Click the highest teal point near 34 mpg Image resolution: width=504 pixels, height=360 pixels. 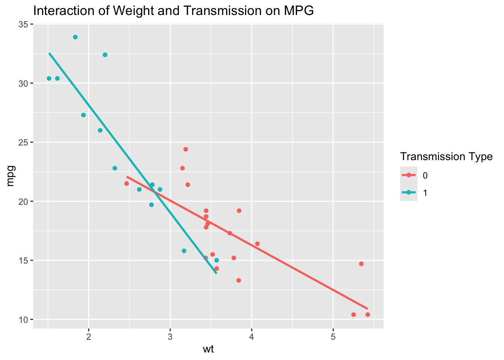point(75,37)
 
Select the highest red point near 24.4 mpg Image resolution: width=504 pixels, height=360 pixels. point(186,149)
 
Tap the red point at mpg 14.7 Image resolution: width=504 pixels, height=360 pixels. point(361,264)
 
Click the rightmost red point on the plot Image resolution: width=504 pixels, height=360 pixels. point(367,315)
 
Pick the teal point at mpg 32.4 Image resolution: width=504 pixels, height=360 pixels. point(105,55)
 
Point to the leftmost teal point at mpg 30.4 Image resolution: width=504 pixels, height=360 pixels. point(49,78)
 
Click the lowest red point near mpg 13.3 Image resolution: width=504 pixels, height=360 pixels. point(238,280)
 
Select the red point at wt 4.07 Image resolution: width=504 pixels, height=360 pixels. point(257,244)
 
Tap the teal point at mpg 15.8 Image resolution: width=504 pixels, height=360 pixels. point(184,251)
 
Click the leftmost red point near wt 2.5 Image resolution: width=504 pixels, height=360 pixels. point(127,183)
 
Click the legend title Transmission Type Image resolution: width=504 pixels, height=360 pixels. point(446,157)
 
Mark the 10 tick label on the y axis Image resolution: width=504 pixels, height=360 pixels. point(24,319)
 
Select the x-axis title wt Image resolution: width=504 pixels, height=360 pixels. point(208,350)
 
